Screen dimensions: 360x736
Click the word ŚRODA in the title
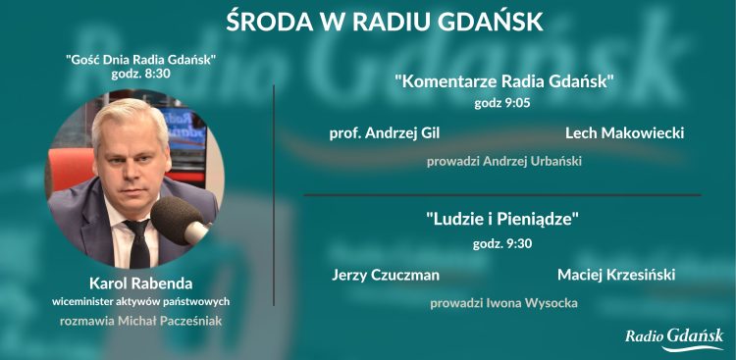tap(261, 21)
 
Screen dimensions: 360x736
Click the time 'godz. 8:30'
tap(140, 74)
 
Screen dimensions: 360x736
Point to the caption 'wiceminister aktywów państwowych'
tap(140, 301)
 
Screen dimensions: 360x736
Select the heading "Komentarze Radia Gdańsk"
tap(503, 81)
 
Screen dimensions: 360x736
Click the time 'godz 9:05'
tap(503, 101)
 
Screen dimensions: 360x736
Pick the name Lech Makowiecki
tap(624, 133)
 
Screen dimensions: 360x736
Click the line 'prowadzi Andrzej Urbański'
tap(503, 161)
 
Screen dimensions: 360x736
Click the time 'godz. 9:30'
tap(503, 243)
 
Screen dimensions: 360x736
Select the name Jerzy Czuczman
tap(385, 275)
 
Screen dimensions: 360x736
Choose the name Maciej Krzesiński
tap(616, 275)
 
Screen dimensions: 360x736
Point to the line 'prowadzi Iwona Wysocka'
tap(503, 303)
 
